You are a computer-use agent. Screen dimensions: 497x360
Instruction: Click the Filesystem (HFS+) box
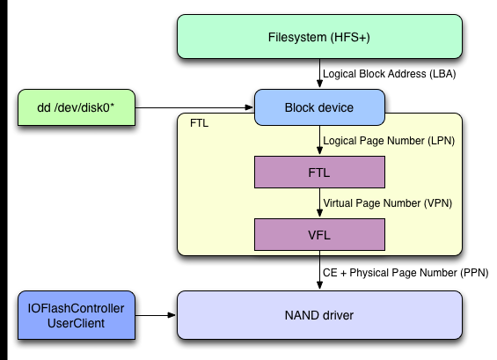point(319,36)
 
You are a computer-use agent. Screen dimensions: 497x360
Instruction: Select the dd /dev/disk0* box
point(77,107)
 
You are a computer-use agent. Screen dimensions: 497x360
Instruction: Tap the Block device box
point(319,107)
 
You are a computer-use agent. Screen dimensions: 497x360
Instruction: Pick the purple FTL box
point(319,173)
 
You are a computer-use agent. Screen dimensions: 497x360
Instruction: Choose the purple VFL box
point(319,235)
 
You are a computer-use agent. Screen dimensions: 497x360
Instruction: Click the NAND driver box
point(319,315)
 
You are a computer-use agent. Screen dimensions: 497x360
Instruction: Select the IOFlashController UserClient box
point(77,315)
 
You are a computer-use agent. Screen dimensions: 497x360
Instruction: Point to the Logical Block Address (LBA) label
point(389,74)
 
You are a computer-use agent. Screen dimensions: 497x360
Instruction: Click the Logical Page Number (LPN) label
point(389,141)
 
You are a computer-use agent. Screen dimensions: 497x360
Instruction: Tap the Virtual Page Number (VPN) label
point(387,203)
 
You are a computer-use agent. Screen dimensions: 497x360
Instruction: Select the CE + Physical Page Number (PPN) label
point(406,273)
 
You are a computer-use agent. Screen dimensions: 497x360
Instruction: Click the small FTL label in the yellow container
point(199,123)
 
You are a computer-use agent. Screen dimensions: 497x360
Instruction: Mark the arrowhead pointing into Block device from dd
point(249,107)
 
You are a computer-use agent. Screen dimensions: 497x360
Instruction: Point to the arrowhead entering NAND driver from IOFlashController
point(172,315)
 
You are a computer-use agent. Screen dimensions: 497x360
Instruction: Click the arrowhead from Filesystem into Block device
point(319,84)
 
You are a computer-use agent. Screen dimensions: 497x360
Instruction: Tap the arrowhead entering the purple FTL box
point(319,151)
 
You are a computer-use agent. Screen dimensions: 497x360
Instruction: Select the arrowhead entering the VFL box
point(319,213)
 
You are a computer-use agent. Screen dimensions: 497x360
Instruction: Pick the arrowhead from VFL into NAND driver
point(319,285)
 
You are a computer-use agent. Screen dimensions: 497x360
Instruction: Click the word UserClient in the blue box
point(76,323)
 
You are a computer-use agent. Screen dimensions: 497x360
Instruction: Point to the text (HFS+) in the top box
point(350,37)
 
